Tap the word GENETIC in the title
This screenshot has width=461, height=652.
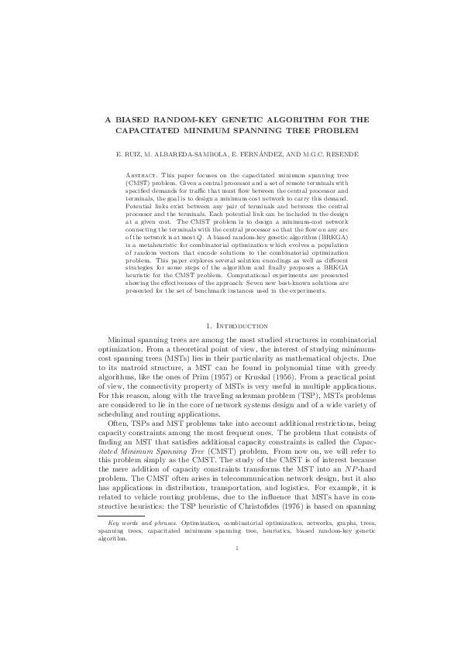tap(249, 120)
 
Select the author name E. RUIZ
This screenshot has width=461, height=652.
tap(129, 154)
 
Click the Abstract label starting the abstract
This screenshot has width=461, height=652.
tap(141, 176)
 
